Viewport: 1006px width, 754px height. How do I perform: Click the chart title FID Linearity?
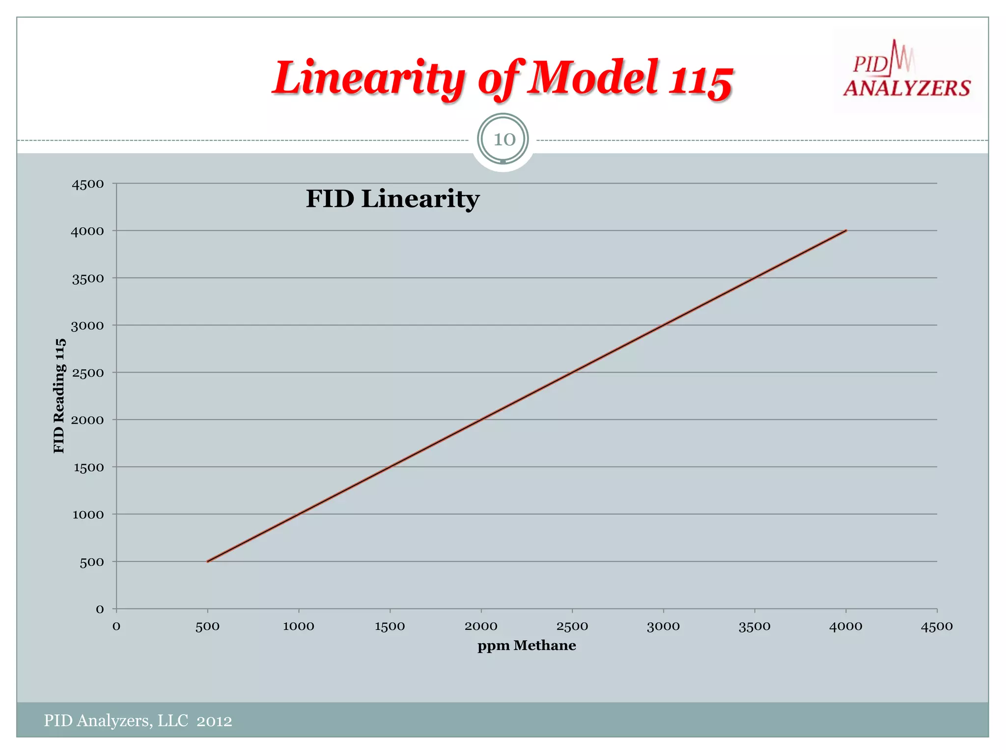392,199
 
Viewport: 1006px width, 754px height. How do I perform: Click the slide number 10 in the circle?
503,139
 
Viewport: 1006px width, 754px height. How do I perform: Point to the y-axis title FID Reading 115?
59,396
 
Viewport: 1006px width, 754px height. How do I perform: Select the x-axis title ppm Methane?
527,646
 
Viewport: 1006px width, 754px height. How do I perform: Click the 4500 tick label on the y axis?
88,184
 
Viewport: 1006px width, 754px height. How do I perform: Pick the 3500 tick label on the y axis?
88,279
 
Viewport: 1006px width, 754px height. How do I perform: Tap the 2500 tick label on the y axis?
88,373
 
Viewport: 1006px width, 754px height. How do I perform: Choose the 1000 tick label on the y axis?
88,515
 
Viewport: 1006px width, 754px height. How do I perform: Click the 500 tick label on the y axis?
92,562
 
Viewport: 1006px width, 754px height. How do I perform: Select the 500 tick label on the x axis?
207,626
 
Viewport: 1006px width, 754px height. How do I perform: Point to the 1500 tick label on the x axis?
390,626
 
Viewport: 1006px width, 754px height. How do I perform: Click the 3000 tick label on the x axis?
663,626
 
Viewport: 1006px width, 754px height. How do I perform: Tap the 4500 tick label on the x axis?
937,626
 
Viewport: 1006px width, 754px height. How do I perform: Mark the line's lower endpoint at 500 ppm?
208,561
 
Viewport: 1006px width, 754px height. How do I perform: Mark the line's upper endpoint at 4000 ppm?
845,231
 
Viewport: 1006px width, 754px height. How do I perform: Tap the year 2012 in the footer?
214,721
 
